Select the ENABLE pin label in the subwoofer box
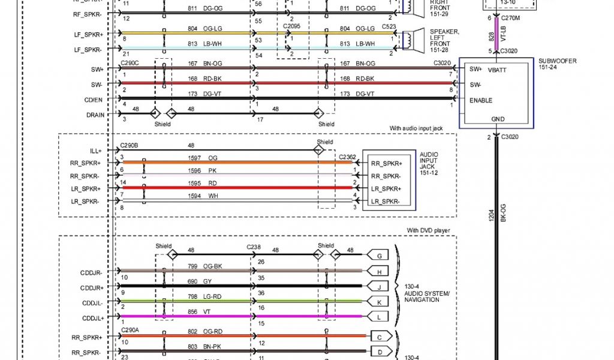pyautogui.click(x=481, y=100)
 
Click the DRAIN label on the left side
pyautogui.click(x=95, y=114)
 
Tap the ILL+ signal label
pyautogui.click(x=96, y=151)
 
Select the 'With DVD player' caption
pyautogui.click(x=428, y=230)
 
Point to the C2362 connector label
pyautogui.click(x=347, y=156)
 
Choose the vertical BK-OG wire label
pyautogui.click(x=504, y=214)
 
